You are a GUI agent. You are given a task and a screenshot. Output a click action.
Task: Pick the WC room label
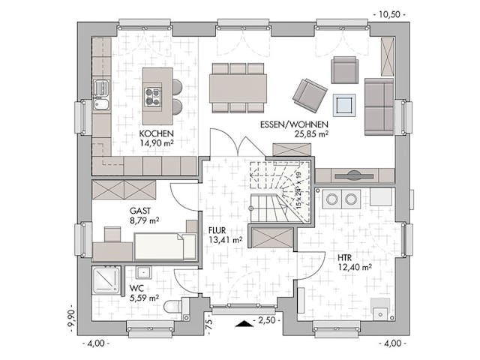[136, 288]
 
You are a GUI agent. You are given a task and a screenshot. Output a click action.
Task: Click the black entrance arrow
[243, 323]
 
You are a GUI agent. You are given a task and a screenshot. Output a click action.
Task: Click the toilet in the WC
[172, 306]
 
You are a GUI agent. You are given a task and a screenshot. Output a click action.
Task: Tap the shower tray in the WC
[106, 280]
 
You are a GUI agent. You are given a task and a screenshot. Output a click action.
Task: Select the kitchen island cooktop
[154, 96]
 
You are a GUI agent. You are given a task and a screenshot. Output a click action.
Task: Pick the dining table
[238, 86]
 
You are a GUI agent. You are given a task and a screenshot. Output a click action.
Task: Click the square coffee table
[344, 103]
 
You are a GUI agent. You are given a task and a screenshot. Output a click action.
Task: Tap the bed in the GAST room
[161, 245]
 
